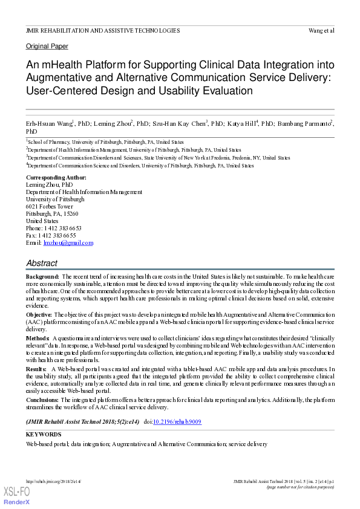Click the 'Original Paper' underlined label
point(47,47)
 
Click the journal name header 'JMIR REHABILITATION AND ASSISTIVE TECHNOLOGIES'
point(103,30)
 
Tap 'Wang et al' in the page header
point(321,30)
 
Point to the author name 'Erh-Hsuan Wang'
point(48,123)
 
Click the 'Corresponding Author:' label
point(56,178)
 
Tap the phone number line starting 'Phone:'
point(53,229)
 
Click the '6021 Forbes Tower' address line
point(50,207)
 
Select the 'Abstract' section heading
point(42,264)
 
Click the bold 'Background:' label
point(42,276)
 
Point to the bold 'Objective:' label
point(39,315)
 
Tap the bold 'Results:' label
point(37,369)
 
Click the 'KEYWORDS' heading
point(44,434)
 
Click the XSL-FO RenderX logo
point(17,496)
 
